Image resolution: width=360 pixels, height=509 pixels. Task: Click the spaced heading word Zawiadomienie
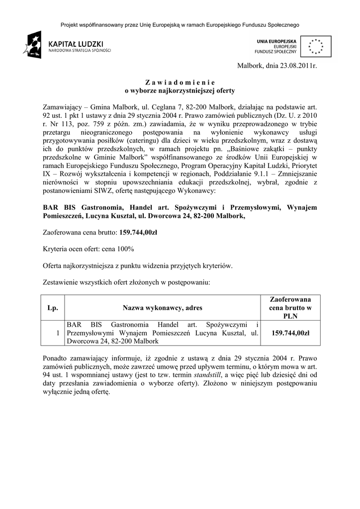pos(180,82)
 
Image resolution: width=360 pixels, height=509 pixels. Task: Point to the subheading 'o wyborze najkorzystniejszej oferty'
pos(180,91)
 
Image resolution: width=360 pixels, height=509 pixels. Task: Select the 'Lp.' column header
pos(53,308)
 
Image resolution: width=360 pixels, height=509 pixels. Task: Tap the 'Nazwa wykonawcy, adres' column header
pos(163,308)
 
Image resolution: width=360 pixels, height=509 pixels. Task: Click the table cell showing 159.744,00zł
pos(290,333)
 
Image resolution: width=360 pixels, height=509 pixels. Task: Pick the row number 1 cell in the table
pos(59,333)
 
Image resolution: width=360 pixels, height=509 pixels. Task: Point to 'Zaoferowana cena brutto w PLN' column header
pos(290,308)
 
